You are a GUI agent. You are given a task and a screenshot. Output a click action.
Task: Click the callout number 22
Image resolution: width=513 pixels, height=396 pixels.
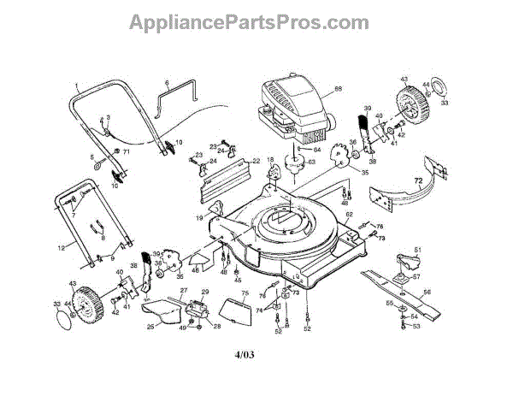pos(255,160)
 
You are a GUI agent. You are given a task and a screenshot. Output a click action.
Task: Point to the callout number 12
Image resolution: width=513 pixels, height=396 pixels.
pos(61,248)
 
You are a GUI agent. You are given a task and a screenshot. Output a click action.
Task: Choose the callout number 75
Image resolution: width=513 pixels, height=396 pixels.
pos(244,293)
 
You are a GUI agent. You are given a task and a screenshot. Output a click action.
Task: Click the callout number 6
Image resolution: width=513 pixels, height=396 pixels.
pos(168,82)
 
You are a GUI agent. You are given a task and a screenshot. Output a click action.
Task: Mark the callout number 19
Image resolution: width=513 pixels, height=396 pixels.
pos(198,219)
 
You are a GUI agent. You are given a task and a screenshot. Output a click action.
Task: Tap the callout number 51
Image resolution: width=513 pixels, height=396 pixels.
pos(418,250)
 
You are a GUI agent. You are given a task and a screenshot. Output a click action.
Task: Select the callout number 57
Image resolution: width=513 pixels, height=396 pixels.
pos(417,277)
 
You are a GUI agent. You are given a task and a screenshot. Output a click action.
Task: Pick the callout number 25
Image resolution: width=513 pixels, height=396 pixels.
pos(150,325)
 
